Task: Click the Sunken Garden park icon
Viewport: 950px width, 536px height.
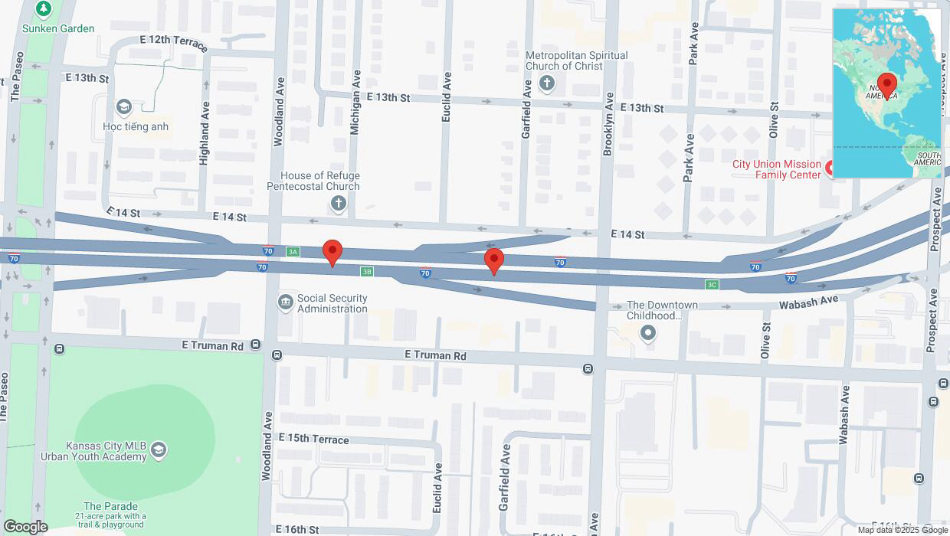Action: [44, 9]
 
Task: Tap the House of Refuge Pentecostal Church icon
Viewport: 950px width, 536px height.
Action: [338, 204]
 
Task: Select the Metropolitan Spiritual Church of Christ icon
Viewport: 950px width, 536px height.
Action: [546, 83]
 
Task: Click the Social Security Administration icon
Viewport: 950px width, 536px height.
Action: [286, 303]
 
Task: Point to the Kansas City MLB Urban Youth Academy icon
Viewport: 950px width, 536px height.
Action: [159, 448]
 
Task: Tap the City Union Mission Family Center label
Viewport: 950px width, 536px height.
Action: [777, 169]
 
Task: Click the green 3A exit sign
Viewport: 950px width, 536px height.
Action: [292, 251]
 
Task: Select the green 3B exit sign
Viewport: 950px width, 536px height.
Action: [367, 271]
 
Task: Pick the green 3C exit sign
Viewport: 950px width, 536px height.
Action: [712, 285]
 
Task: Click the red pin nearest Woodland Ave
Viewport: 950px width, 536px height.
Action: [332, 252]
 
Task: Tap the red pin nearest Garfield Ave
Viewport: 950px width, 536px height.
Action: [494, 260]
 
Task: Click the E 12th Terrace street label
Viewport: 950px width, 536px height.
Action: [174, 43]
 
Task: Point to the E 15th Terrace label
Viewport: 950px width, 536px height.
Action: [314, 440]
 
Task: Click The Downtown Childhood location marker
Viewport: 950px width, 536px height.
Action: [649, 332]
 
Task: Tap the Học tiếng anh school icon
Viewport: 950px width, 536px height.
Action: [123, 106]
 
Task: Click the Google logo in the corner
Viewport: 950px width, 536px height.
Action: [25, 527]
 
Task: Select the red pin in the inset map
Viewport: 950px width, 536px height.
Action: [887, 84]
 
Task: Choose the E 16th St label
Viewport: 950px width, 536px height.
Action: [299, 530]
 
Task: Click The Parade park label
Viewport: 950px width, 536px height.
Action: [111, 506]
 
